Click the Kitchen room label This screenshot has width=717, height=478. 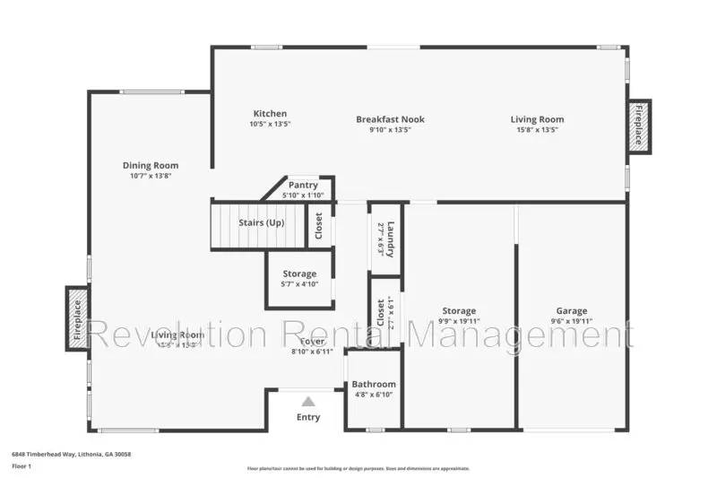pyautogui.click(x=270, y=114)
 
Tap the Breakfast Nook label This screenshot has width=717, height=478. pyautogui.click(x=390, y=119)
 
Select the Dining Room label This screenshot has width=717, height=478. pyautogui.click(x=151, y=165)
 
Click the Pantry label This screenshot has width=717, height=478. pyautogui.click(x=303, y=185)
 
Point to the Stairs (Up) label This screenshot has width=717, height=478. pyautogui.click(x=262, y=222)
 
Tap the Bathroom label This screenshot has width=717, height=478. pyautogui.click(x=373, y=384)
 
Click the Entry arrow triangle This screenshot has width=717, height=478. pyautogui.click(x=307, y=402)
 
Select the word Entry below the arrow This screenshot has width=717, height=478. pyautogui.click(x=307, y=417)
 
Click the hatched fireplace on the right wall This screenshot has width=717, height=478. pyautogui.click(x=639, y=126)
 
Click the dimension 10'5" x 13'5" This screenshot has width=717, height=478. pyautogui.click(x=270, y=124)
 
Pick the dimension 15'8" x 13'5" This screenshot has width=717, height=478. pyautogui.click(x=537, y=129)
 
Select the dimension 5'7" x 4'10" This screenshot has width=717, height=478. pyautogui.click(x=299, y=284)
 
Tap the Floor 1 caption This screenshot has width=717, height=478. pyautogui.click(x=21, y=466)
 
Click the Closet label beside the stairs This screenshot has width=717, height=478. pyautogui.click(x=318, y=225)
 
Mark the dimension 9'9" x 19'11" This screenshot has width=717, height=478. pyautogui.click(x=458, y=321)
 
